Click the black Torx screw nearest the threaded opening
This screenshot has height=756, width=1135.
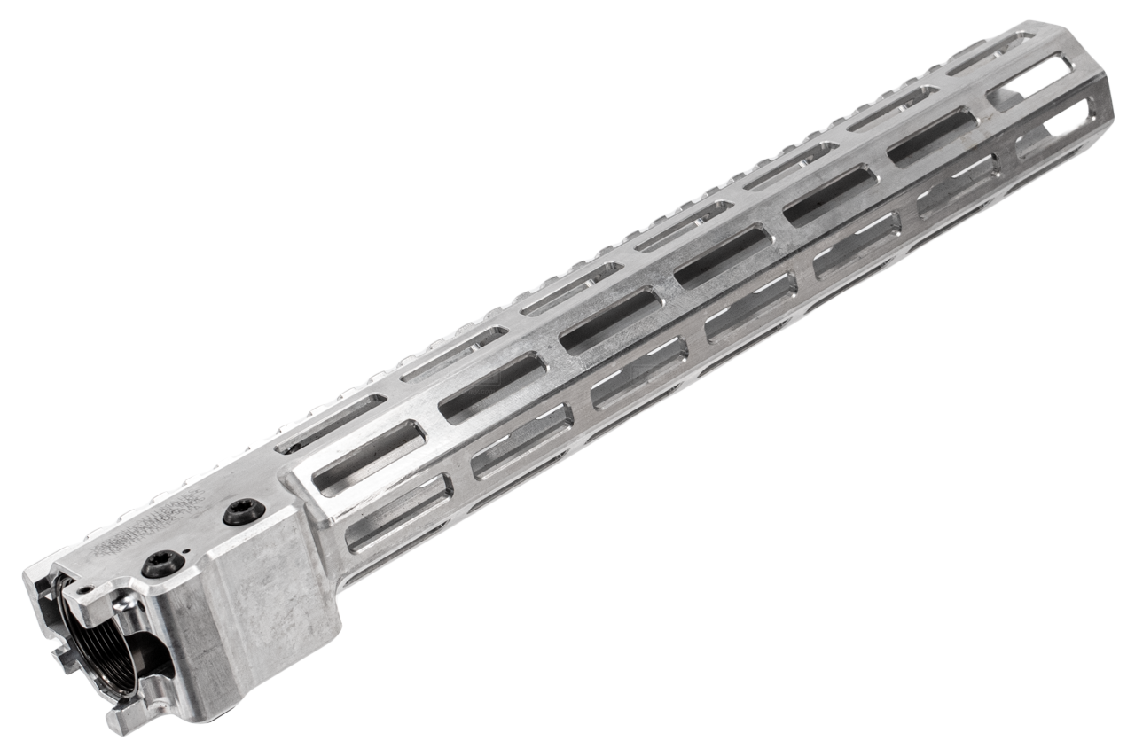pos(163,564)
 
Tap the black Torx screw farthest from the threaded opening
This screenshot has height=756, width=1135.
pos(244,511)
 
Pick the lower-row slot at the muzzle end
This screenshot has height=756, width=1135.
pos(1055,129)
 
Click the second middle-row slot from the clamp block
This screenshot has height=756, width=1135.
pos(493,385)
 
